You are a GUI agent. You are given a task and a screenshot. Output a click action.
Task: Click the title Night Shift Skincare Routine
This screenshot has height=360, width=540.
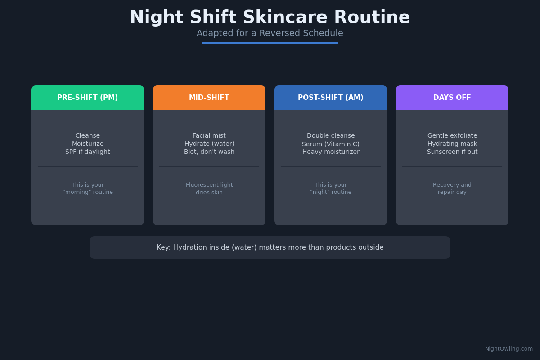coord(270,18)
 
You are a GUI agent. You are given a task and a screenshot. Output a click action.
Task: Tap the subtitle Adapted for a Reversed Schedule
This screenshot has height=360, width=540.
coord(270,34)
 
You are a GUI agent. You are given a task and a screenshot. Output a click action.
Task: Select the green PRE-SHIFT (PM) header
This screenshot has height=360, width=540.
coord(88,98)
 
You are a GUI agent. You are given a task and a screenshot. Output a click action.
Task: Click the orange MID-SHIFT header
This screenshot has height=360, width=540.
coord(209,98)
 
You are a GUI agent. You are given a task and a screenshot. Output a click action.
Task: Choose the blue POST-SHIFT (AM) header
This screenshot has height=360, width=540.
coord(331,98)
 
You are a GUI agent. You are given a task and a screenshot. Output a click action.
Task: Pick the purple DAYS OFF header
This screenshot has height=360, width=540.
coord(452,98)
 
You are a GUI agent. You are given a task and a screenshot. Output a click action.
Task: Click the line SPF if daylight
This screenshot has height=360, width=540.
coord(88,152)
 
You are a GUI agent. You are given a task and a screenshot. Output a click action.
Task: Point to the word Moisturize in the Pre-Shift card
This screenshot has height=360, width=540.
coord(88,144)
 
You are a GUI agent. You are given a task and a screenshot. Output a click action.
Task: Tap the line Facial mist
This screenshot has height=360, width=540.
coord(209,136)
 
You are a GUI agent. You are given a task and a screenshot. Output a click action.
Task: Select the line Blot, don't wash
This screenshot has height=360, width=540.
coord(209,152)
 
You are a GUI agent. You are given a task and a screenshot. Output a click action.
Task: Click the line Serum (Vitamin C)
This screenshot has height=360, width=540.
coord(331,144)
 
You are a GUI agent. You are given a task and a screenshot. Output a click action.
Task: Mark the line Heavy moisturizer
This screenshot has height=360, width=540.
coord(331,152)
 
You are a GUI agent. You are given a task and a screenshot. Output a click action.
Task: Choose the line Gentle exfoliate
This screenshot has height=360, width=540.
coord(452,136)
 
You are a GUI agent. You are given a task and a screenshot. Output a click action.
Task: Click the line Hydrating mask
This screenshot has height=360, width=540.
coord(452,144)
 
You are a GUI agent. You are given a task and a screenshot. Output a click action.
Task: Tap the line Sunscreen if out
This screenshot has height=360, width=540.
coord(452,152)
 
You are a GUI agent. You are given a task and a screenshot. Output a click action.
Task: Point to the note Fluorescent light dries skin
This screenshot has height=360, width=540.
coord(209,189)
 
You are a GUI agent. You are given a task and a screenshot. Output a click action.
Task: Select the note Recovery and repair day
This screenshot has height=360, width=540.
coord(452,189)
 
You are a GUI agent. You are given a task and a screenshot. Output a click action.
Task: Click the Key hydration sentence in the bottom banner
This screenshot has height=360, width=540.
coord(270,247)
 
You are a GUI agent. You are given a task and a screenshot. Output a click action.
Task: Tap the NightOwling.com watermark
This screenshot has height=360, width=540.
coord(508,349)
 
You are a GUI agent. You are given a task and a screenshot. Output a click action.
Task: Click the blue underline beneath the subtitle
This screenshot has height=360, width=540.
coord(270,43)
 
